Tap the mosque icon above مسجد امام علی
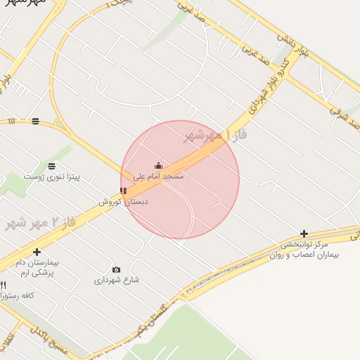coord(158,166)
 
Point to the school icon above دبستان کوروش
coord(124,191)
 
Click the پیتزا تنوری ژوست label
coord(52,176)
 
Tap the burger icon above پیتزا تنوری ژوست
coord(52,166)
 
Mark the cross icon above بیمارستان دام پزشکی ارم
coord(37,252)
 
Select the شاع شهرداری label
coord(117,280)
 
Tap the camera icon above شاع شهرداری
coord(116,269)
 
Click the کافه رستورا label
coord(18,296)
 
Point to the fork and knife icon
coord(4,285)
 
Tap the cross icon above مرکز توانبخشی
coord(304,233)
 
